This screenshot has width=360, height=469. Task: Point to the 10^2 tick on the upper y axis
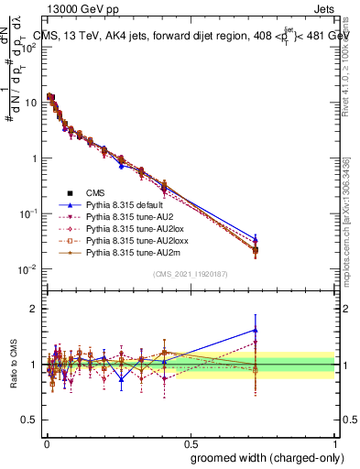(x=28, y=47)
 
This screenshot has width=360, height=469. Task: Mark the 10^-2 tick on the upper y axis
(x=28, y=269)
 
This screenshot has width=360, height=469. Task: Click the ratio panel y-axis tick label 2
(x=33, y=309)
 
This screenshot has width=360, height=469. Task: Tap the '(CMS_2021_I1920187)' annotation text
(x=190, y=274)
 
